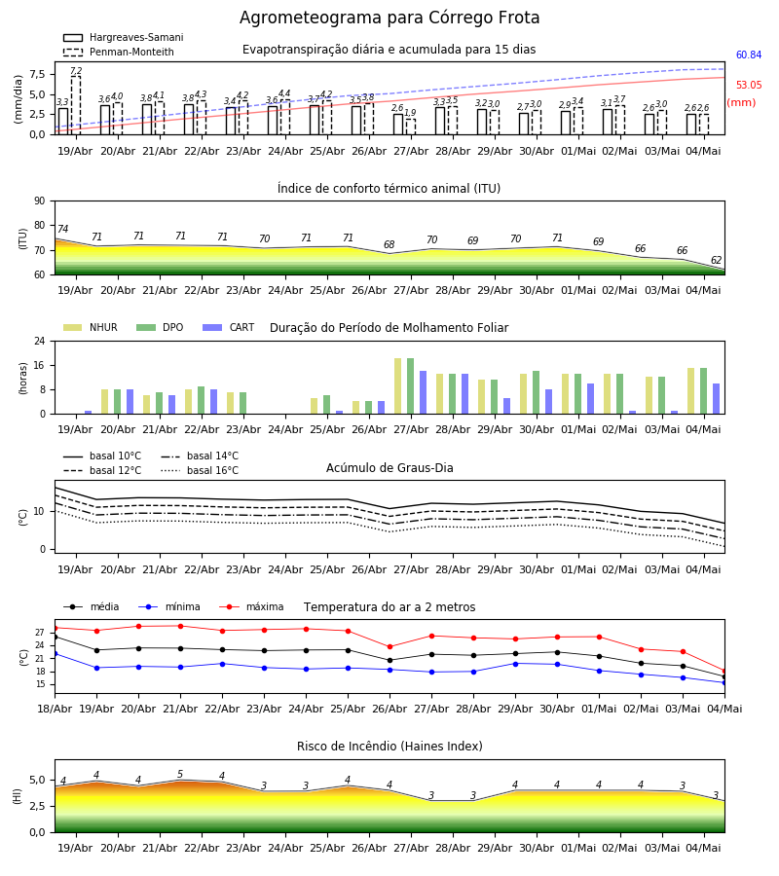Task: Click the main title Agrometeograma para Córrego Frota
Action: click(x=389, y=18)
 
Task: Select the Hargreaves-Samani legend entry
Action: click(x=124, y=37)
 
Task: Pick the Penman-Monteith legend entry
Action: click(x=119, y=52)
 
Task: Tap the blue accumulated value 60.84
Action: click(x=748, y=55)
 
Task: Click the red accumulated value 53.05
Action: click(x=748, y=85)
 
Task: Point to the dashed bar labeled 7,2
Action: click(x=75, y=105)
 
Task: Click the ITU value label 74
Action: click(x=62, y=229)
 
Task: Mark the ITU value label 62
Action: click(x=716, y=260)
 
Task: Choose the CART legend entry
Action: click(x=229, y=327)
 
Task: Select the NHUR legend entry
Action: click(x=91, y=327)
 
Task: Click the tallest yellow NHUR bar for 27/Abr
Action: click(x=398, y=386)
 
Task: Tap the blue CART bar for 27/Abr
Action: click(x=423, y=392)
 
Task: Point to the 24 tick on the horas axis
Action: click(x=40, y=341)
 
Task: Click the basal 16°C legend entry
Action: click(x=200, y=470)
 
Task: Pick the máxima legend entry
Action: click(x=251, y=606)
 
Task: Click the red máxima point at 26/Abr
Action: click(x=390, y=647)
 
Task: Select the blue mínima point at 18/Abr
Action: click(x=55, y=654)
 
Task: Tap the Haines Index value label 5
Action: click(x=180, y=775)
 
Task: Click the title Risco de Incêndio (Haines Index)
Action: click(x=389, y=747)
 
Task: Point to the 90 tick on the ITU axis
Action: click(x=40, y=201)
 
